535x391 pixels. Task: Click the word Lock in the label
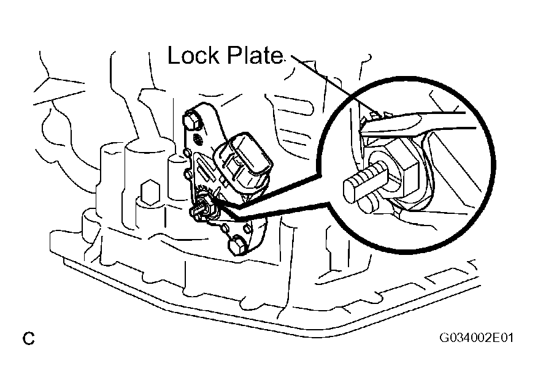(193, 55)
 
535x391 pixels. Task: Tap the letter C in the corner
(29, 338)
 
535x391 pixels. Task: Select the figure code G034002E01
(476, 338)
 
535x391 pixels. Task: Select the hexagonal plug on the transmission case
(150, 192)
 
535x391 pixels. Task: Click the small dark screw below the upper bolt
(197, 139)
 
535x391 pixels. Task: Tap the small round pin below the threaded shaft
(369, 204)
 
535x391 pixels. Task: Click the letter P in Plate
(233, 55)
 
